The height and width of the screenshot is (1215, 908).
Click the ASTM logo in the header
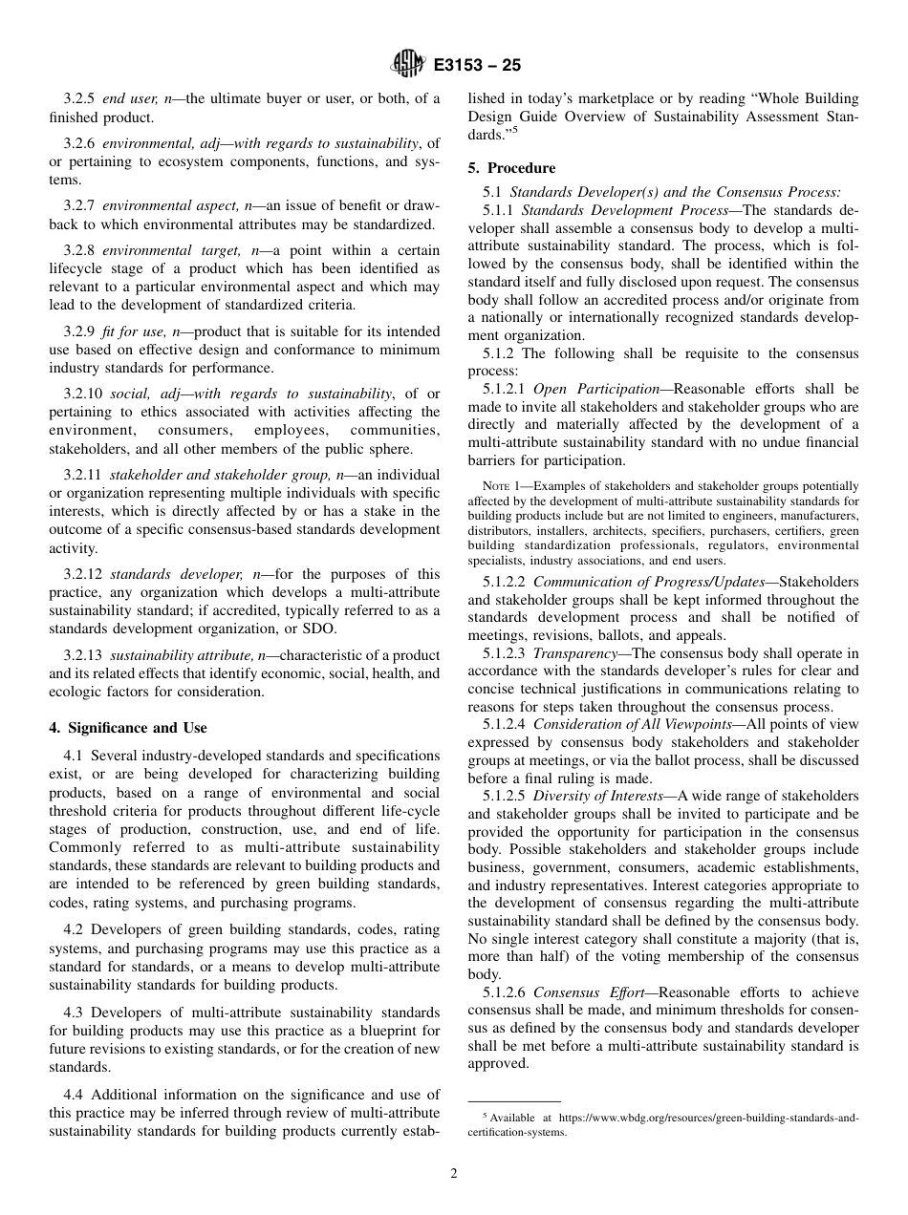pos(408,66)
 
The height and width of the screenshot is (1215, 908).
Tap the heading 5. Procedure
pos(510,168)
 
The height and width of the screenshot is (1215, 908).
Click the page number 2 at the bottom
pos(454,1174)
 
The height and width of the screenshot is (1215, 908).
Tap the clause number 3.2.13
pos(83,655)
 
